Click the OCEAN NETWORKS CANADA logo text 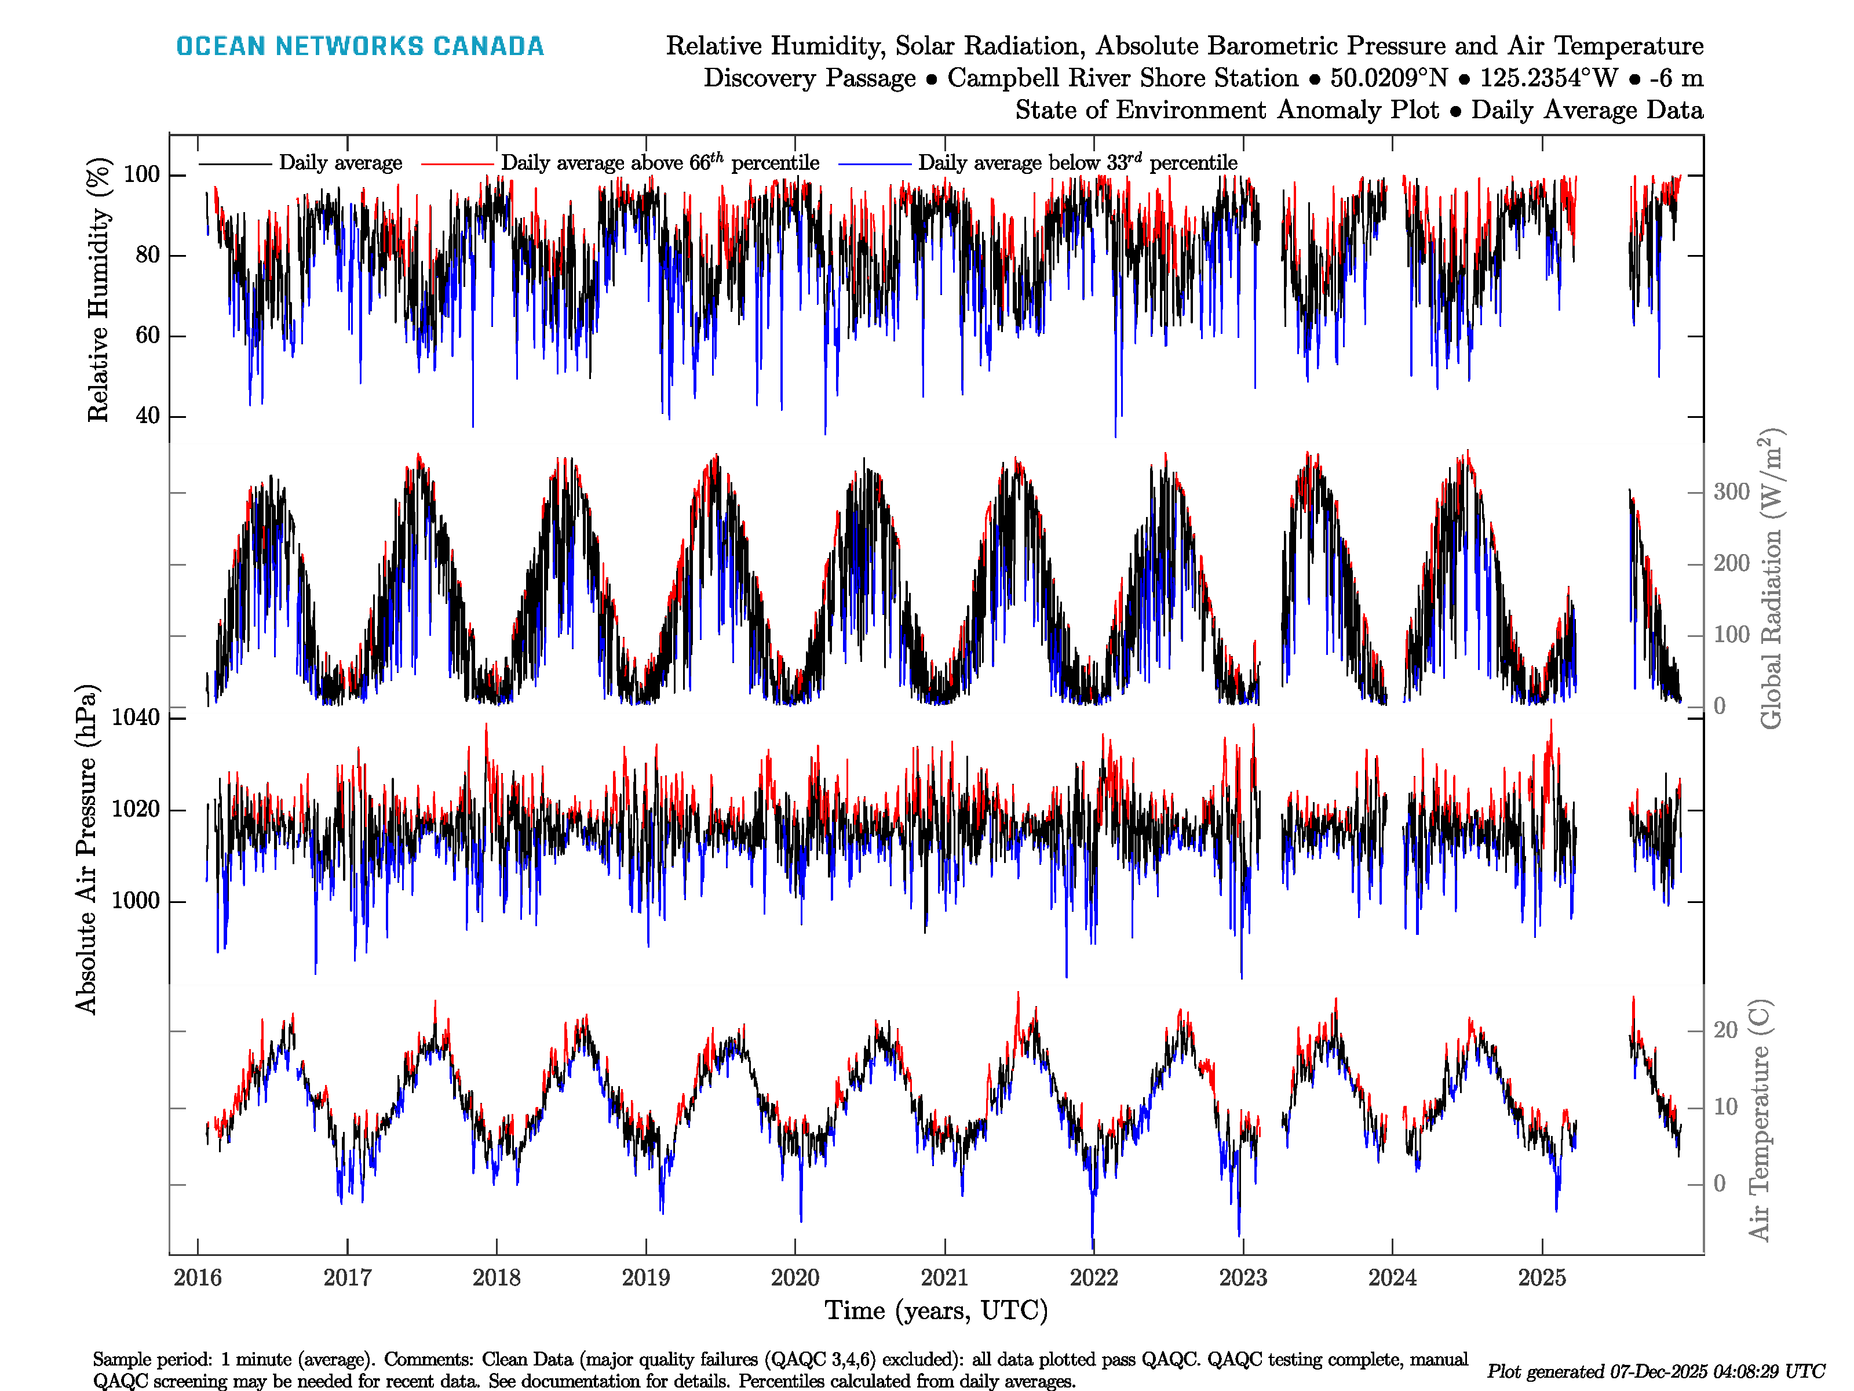click(x=360, y=46)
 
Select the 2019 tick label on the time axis click(x=645, y=1278)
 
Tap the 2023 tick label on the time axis click(x=1243, y=1278)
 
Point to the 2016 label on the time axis click(x=198, y=1278)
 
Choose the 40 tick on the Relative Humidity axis click(x=148, y=416)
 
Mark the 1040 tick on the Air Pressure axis click(x=136, y=718)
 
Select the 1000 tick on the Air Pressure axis click(x=136, y=901)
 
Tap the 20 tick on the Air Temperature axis click(x=1725, y=1030)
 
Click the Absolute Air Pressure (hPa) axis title click(x=86, y=849)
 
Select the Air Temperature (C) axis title click(x=1760, y=1119)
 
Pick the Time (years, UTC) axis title click(x=936, y=1310)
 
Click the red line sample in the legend click(x=457, y=163)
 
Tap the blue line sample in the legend click(x=874, y=163)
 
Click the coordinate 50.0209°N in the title click(x=1389, y=78)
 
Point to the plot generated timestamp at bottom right click(x=1655, y=1372)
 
